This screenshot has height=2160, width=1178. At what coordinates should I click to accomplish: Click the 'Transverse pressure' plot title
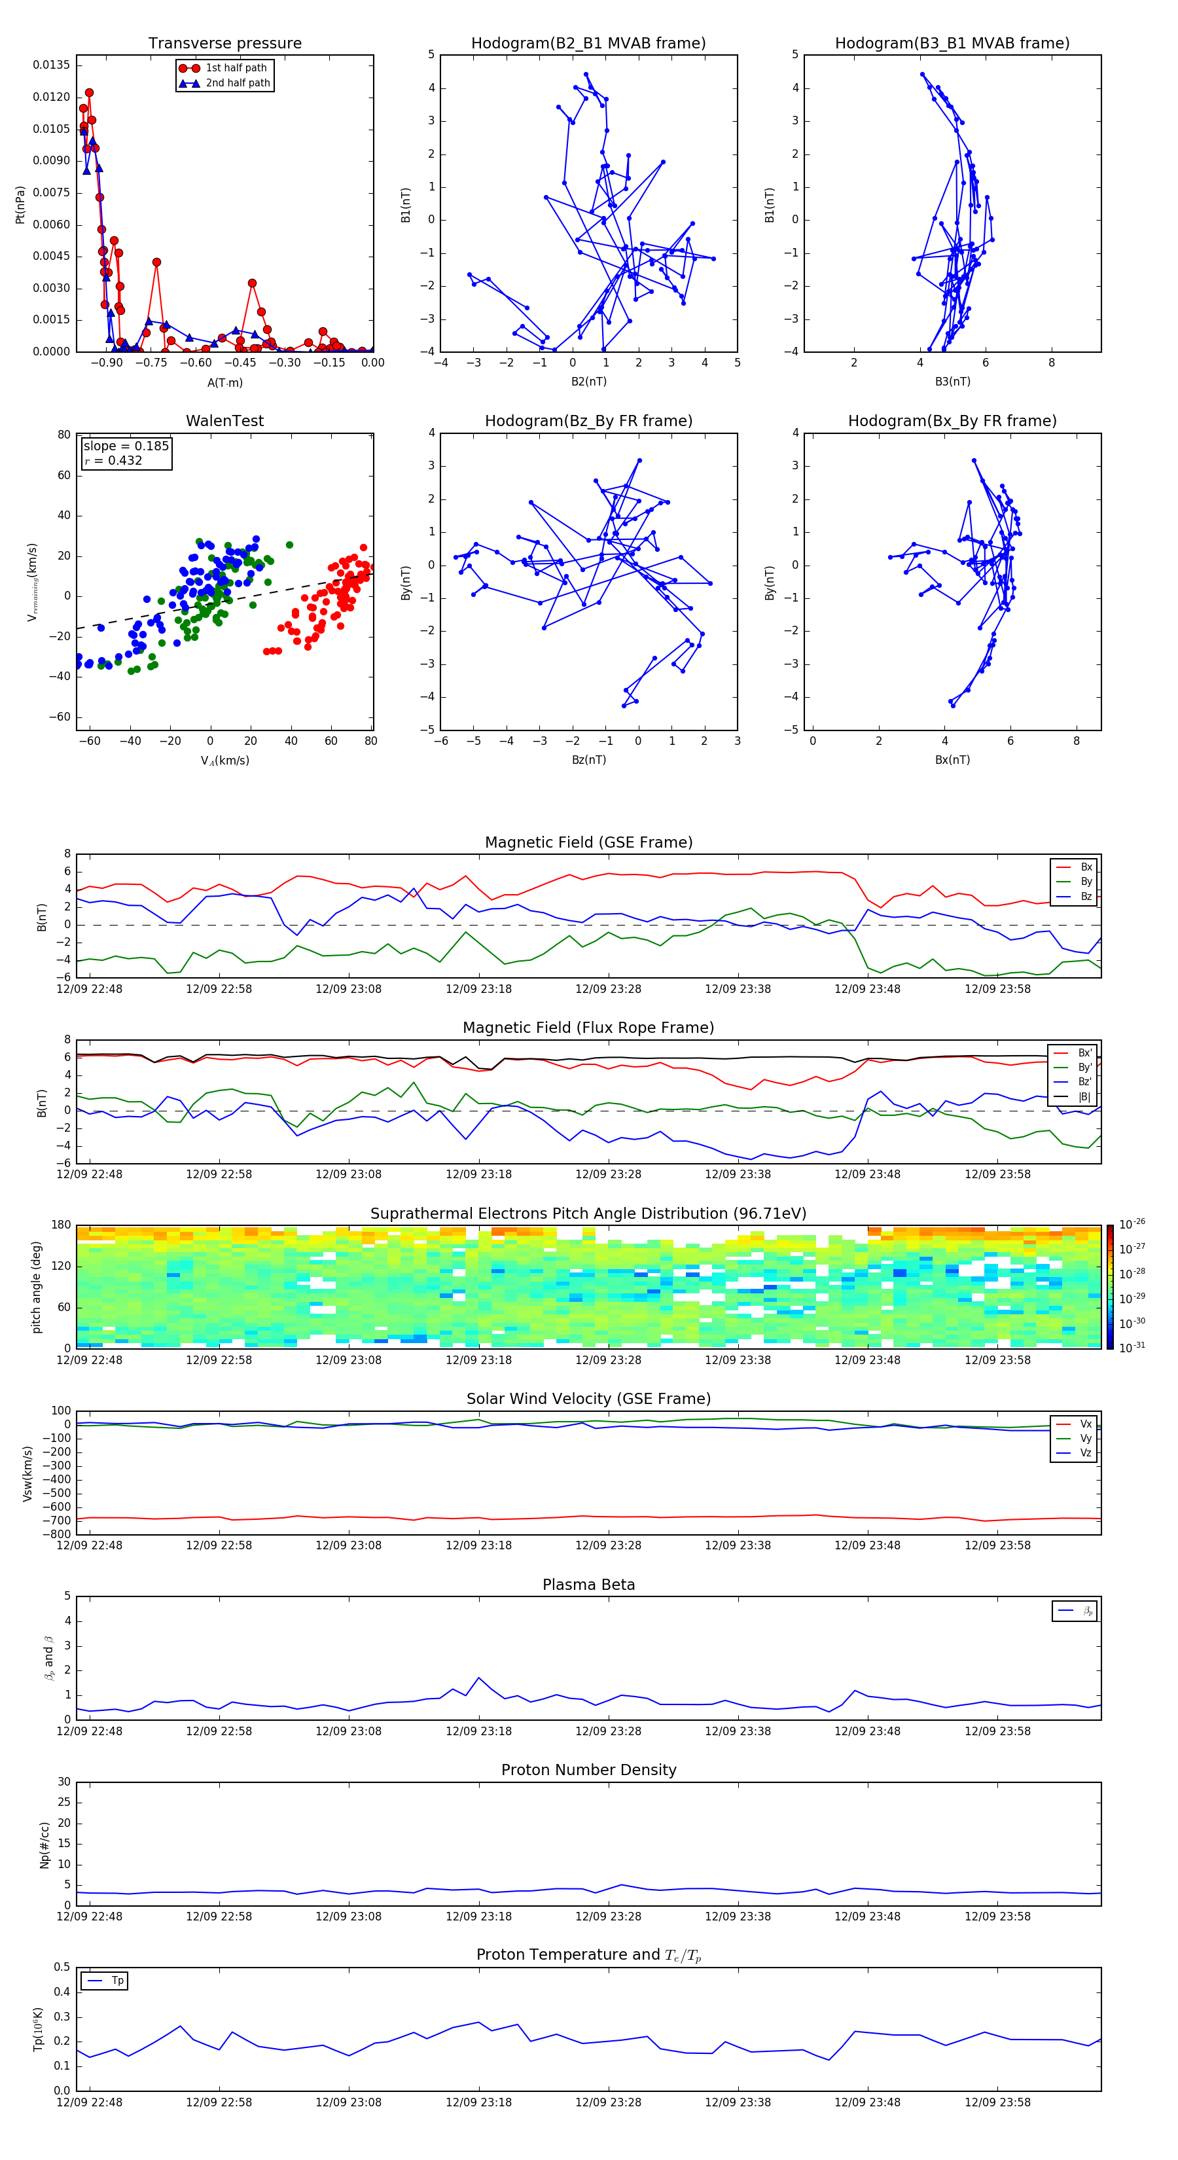click(x=224, y=44)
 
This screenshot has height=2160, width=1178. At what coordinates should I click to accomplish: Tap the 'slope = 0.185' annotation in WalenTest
click(x=126, y=446)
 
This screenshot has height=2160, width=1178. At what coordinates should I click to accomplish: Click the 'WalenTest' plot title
click(x=224, y=421)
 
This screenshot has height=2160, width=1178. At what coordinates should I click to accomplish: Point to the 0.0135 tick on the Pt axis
click(x=51, y=65)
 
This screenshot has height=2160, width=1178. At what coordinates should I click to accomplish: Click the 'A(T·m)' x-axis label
click(x=224, y=383)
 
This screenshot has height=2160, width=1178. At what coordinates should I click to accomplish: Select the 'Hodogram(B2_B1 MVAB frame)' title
click(x=588, y=44)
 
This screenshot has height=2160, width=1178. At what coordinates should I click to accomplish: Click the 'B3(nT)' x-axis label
click(x=952, y=382)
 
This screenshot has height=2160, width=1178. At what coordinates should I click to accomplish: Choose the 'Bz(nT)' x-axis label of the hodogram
click(x=588, y=760)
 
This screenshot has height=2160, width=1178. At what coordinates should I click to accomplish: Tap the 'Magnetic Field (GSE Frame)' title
click(x=588, y=842)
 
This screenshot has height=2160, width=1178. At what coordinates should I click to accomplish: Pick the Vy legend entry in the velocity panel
click(x=1085, y=1439)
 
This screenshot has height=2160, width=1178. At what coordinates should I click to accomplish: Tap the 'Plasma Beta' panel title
click(x=588, y=1585)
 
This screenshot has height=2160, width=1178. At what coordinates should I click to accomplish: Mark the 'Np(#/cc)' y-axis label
click(x=45, y=1845)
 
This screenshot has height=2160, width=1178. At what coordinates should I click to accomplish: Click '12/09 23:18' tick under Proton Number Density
click(x=478, y=1916)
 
